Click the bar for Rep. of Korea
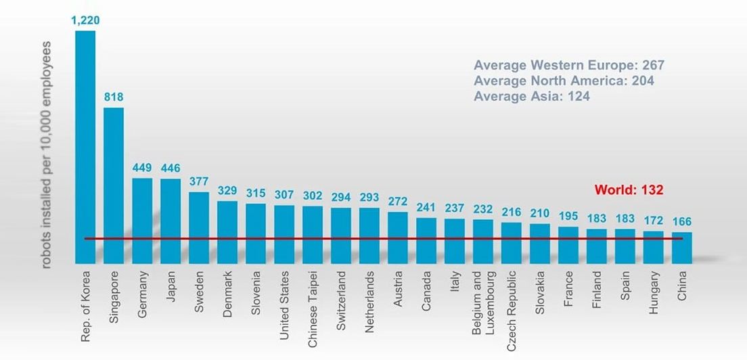tap(85, 147)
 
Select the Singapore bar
tap(114, 185)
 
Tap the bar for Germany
tap(142, 221)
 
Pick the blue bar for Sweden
tap(199, 227)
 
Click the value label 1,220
tap(85, 20)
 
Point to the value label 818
tap(114, 97)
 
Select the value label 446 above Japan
tap(171, 168)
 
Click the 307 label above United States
tap(284, 194)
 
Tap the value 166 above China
tap(682, 221)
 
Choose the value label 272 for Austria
tap(398, 201)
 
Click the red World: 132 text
tap(629, 189)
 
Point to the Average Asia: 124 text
tap(532, 96)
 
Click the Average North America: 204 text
tap(564, 81)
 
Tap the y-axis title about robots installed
tap(46, 155)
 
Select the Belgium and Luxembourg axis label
tap(483, 303)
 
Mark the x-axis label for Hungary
tap(654, 292)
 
